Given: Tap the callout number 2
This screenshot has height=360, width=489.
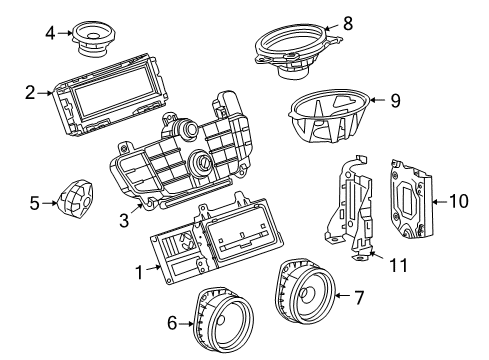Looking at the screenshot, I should [30, 93].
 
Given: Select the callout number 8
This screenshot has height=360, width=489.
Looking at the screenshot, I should [348, 21].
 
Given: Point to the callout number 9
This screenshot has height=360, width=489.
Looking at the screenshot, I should [395, 99].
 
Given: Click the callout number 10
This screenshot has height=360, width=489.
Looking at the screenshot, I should [457, 201].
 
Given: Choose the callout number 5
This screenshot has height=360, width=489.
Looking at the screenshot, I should [34, 204].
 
